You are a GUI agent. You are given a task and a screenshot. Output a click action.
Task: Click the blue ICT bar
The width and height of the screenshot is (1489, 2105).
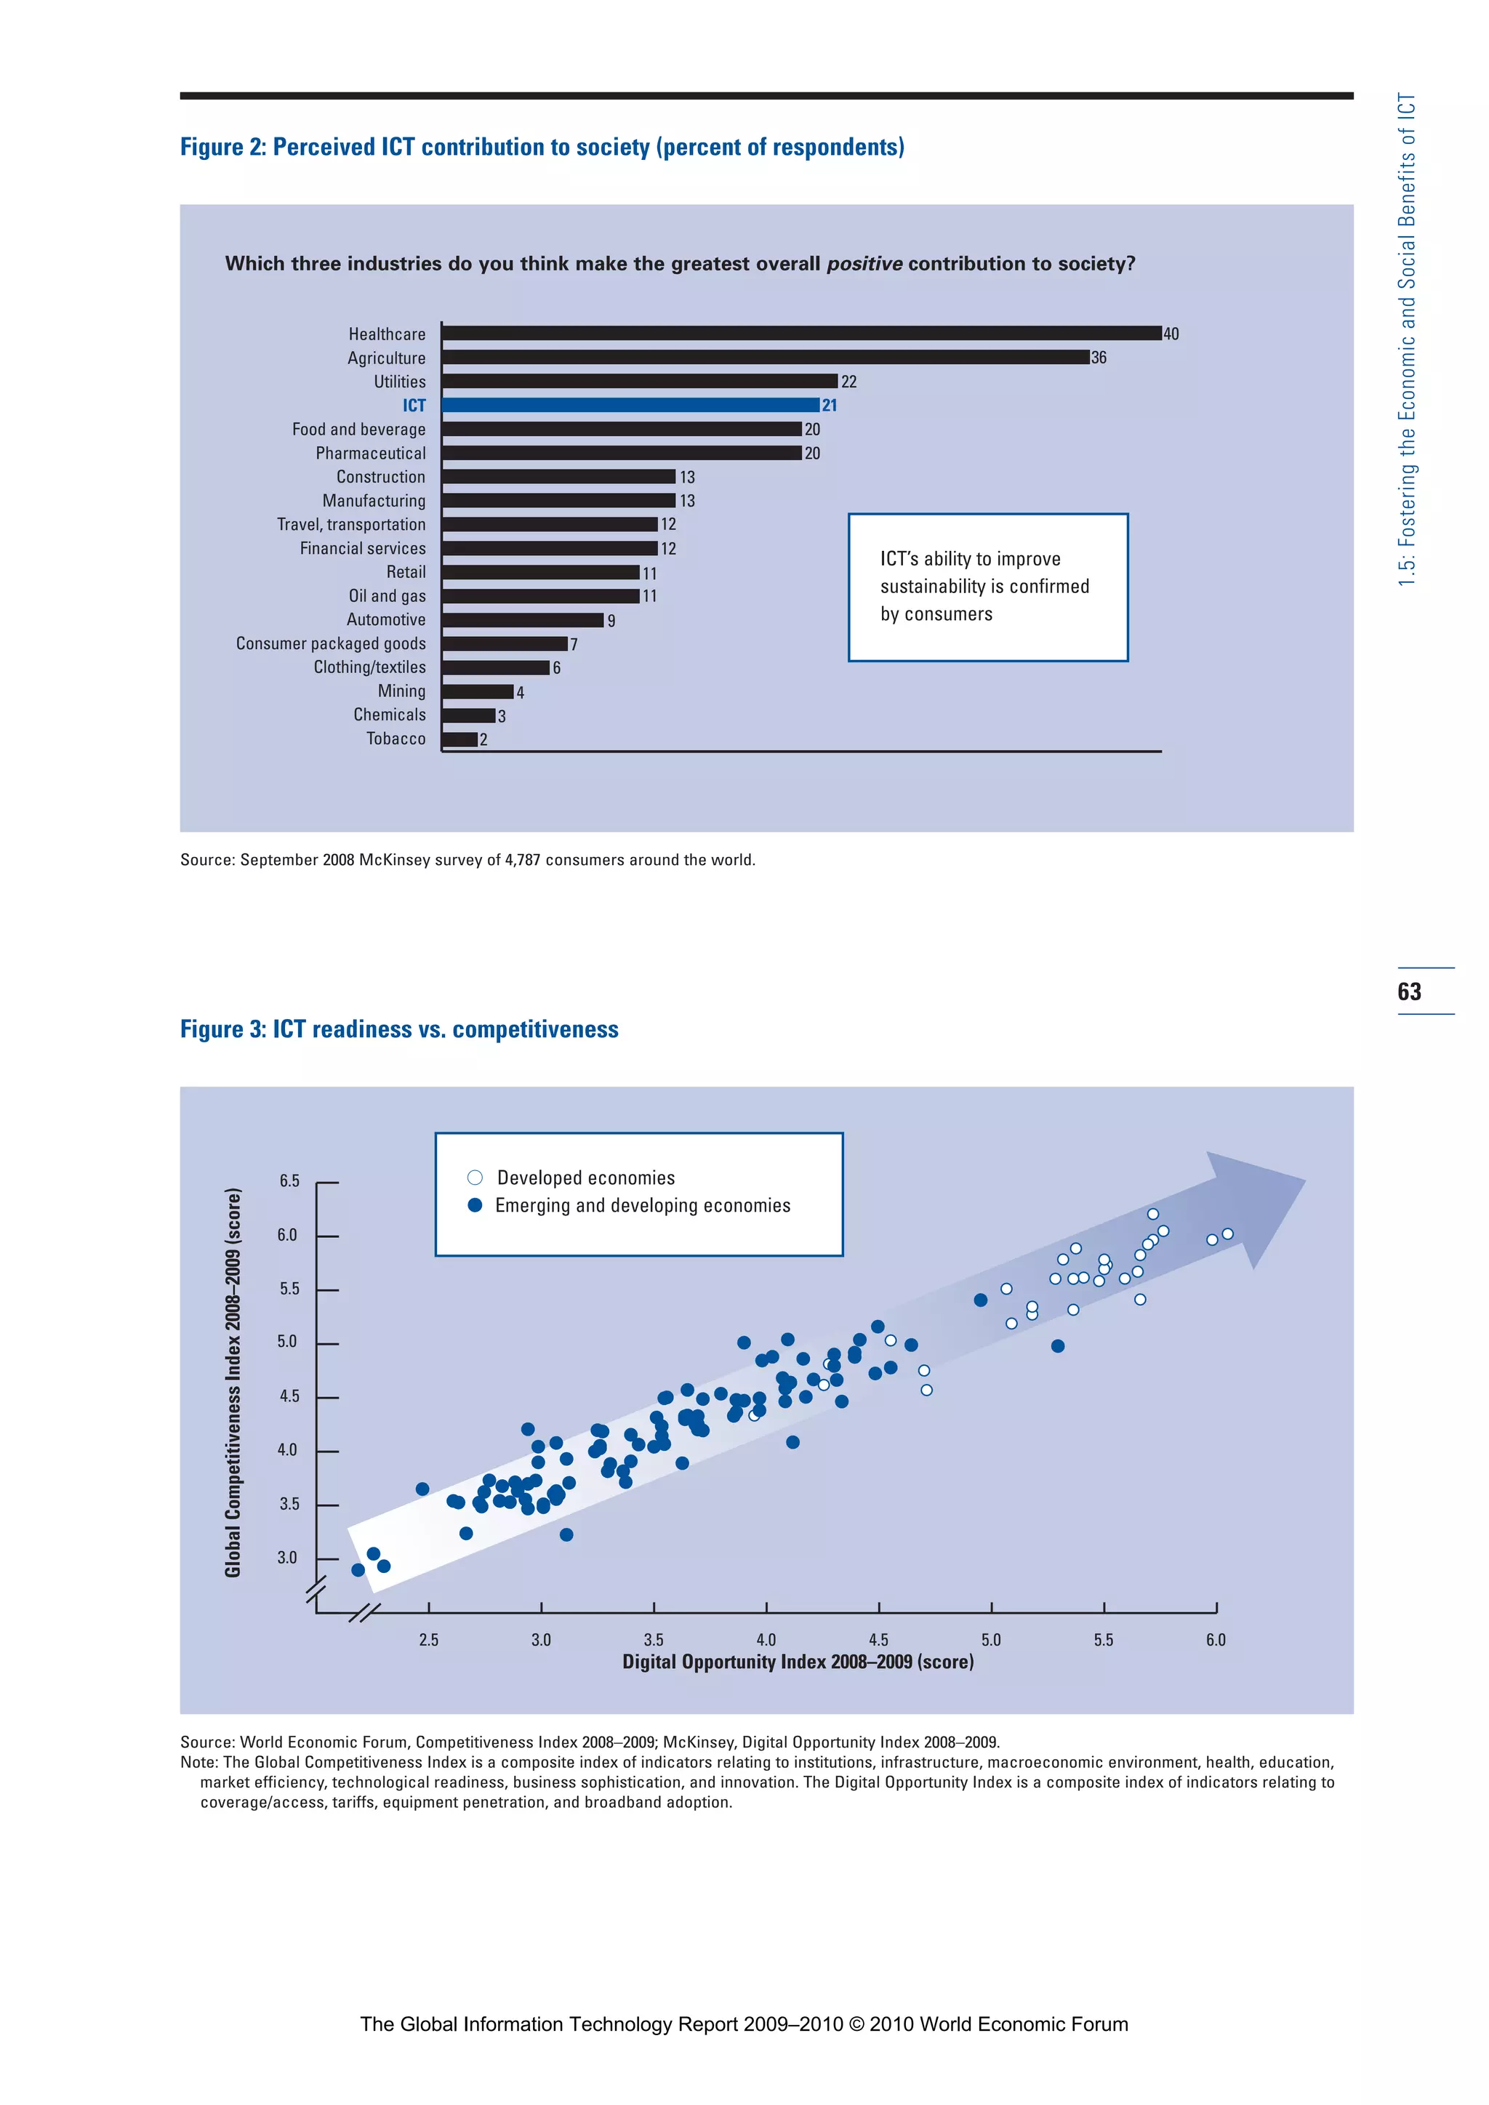tap(630, 406)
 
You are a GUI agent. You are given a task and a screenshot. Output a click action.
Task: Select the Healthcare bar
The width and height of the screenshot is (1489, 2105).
tap(801, 334)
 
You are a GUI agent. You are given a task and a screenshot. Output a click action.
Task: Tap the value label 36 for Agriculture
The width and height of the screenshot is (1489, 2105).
tap(1099, 358)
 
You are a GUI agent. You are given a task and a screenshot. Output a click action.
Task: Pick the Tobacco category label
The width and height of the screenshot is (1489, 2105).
tap(396, 739)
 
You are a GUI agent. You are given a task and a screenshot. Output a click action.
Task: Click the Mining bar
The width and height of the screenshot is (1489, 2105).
tap(477, 691)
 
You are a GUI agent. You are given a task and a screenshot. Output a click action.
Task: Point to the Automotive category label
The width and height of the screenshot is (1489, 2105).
tap(386, 620)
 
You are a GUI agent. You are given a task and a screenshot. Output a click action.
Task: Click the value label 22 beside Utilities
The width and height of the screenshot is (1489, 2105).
tap(849, 382)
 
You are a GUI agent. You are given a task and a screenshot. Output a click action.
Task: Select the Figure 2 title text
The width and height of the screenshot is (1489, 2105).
tap(542, 148)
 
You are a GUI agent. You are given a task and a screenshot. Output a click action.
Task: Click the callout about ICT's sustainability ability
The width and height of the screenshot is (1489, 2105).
tap(987, 587)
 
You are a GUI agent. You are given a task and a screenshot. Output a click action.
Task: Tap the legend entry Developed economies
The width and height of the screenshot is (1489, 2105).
tap(585, 1178)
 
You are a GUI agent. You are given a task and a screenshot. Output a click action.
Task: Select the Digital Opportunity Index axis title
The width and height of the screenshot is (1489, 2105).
tap(798, 1662)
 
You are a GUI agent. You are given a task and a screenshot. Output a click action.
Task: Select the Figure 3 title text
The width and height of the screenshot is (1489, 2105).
tap(399, 1029)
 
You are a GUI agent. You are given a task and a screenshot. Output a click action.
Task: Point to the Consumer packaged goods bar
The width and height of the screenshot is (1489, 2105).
tap(505, 643)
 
